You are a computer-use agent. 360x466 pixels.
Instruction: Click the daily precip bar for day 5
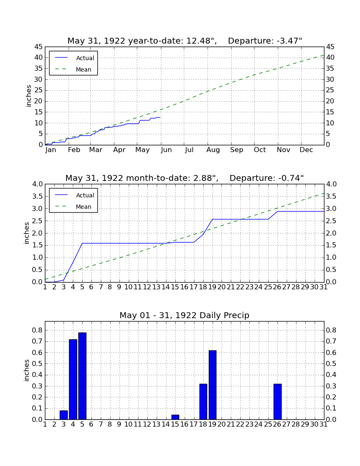click(82, 376)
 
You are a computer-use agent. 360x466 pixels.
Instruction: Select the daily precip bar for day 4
click(73, 379)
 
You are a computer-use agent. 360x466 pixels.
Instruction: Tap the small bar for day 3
click(64, 415)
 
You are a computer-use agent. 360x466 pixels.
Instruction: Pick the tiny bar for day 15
click(175, 417)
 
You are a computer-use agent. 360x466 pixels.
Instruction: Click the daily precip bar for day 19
click(212, 385)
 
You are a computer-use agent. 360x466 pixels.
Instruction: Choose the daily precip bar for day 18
click(203, 402)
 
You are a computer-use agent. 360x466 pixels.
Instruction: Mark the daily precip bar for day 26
click(277, 402)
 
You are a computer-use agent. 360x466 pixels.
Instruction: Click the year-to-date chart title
click(185, 41)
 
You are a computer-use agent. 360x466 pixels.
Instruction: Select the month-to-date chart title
click(185, 178)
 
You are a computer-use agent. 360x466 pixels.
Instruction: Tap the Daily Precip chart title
click(185, 315)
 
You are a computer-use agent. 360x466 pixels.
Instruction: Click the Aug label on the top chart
click(213, 150)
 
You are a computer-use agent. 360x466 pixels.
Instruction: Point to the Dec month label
click(306, 150)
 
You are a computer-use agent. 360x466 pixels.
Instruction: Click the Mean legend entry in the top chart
click(73, 69)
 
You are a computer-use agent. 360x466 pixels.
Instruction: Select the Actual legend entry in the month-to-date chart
click(75, 195)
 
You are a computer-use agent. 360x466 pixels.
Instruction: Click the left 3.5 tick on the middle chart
click(37, 197)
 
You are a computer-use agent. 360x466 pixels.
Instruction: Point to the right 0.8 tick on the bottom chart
click(331, 330)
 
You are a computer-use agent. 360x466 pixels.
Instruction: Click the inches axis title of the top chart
click(28, 96)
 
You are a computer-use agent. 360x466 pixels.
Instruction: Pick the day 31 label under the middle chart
click(324, 287)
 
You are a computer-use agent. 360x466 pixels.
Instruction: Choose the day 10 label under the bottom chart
click(129, 424)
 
